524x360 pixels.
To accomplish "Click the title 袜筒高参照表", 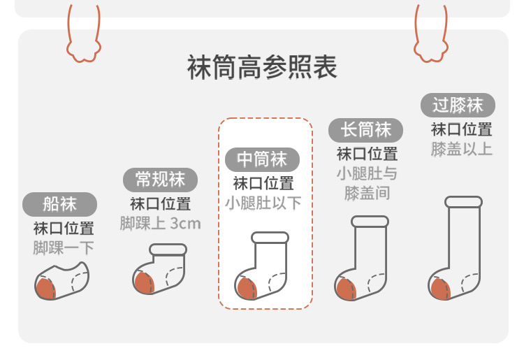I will (x=262, y=68).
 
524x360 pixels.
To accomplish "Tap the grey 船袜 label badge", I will (x=59, y=204).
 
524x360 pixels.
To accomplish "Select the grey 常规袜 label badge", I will (x=160, y=180).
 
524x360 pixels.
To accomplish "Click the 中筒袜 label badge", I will (x=262, y=159).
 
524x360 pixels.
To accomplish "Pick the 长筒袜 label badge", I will (x=365, y=130).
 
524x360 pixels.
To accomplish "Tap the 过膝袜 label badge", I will (x=458, y=106).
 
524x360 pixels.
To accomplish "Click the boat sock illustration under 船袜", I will (x=61, y=280).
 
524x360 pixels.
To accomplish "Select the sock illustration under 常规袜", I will (x=160, y=273).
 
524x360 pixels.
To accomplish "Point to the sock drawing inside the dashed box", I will (x=261, y=266).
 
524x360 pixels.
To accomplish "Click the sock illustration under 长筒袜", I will (x=362, y=259).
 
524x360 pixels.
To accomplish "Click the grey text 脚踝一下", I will (x=63, y=248).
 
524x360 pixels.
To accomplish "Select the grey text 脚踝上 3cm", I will (x=160, y=224).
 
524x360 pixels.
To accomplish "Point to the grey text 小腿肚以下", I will (x=263, y=203).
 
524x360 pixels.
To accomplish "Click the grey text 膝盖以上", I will (x=461, y=149).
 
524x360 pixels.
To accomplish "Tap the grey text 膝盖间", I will (x=367, y=193).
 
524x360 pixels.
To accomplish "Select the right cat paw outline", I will (x=431, y=38).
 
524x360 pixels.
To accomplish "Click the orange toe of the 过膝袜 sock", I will (x=441, y=289).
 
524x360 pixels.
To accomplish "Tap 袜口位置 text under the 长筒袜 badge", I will (x=367, y=154).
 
